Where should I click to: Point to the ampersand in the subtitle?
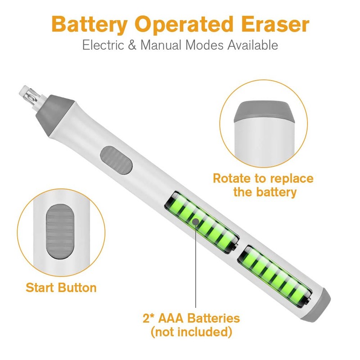tap(133, 45)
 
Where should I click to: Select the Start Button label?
tap(61, 288)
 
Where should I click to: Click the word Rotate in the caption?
tap(233, 178)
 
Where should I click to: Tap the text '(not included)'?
tap(191, 333)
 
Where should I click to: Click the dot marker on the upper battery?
tap(195, 221)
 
